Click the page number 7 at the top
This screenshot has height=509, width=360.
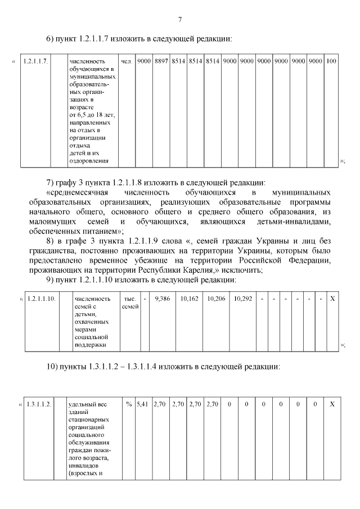pos(179,20)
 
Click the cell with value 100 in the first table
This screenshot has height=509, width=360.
pos(331,61)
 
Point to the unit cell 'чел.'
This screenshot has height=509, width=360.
pos(126,61)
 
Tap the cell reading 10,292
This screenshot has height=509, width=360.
pos(243,299)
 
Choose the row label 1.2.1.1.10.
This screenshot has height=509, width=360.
pos(41,299)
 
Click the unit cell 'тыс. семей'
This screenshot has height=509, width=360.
pos(130,303)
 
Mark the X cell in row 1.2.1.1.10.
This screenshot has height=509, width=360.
pos(332,299)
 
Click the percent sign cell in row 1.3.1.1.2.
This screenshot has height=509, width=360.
pos(129,404)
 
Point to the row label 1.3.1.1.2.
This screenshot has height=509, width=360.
pos(39,404)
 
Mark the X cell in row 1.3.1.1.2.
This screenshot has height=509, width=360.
pos(332,404)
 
